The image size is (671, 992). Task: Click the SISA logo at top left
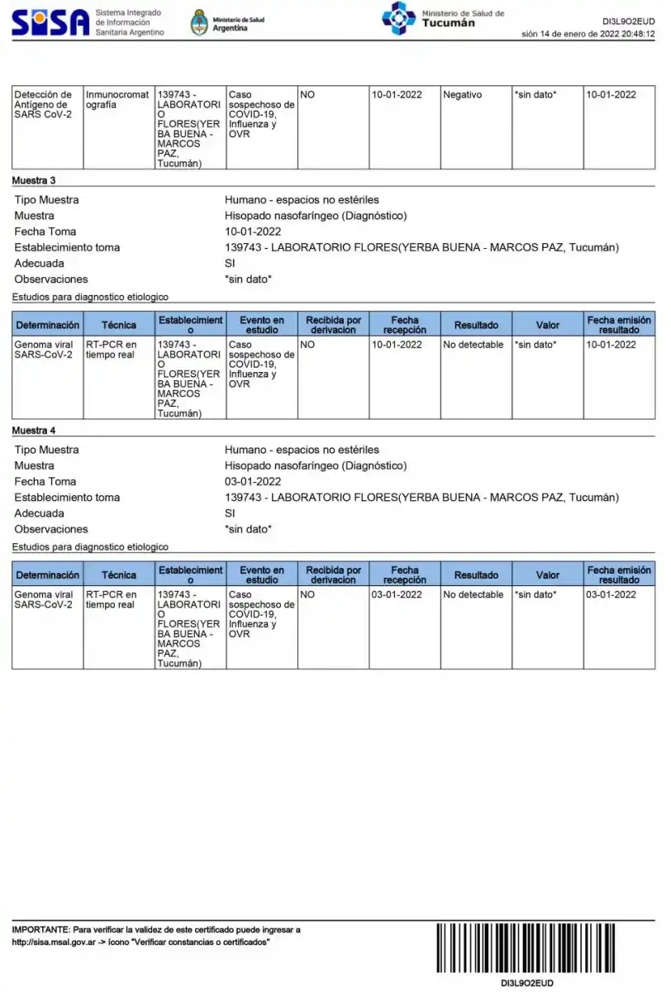50,21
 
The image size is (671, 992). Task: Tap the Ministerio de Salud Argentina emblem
199,22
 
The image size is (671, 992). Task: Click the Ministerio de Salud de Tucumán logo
398,18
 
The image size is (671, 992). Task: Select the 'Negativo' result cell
463,95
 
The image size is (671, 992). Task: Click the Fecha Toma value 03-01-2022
253,481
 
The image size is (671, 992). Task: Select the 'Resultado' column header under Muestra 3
476,325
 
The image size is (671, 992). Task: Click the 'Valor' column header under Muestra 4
547,575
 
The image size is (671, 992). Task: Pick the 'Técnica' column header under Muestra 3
119,325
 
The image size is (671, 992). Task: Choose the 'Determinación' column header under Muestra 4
48,575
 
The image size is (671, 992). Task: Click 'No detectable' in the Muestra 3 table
473,345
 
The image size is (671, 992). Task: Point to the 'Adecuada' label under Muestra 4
39,513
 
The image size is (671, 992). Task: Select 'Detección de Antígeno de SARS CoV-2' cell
44,105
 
